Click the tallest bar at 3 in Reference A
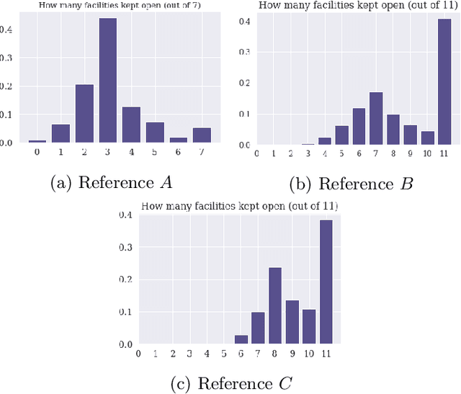pyautogui.click(x=107, y=81)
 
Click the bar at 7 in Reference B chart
pyautogui.click(x=375, y=119)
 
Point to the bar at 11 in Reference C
pyautogui.click(x=326, y=282)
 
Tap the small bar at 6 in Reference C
pyautogui.click(x=241, y=340)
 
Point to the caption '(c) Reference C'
pyautogui.click(x=230, y=381)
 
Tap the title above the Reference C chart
pyautogui.click(x=239, y=207)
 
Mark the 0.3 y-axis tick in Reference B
pyautogui.click(x=244, y=52)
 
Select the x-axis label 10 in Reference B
pyautogui.click(x=426, y=153)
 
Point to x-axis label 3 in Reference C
pyautogui.click(x=190, y=354)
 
